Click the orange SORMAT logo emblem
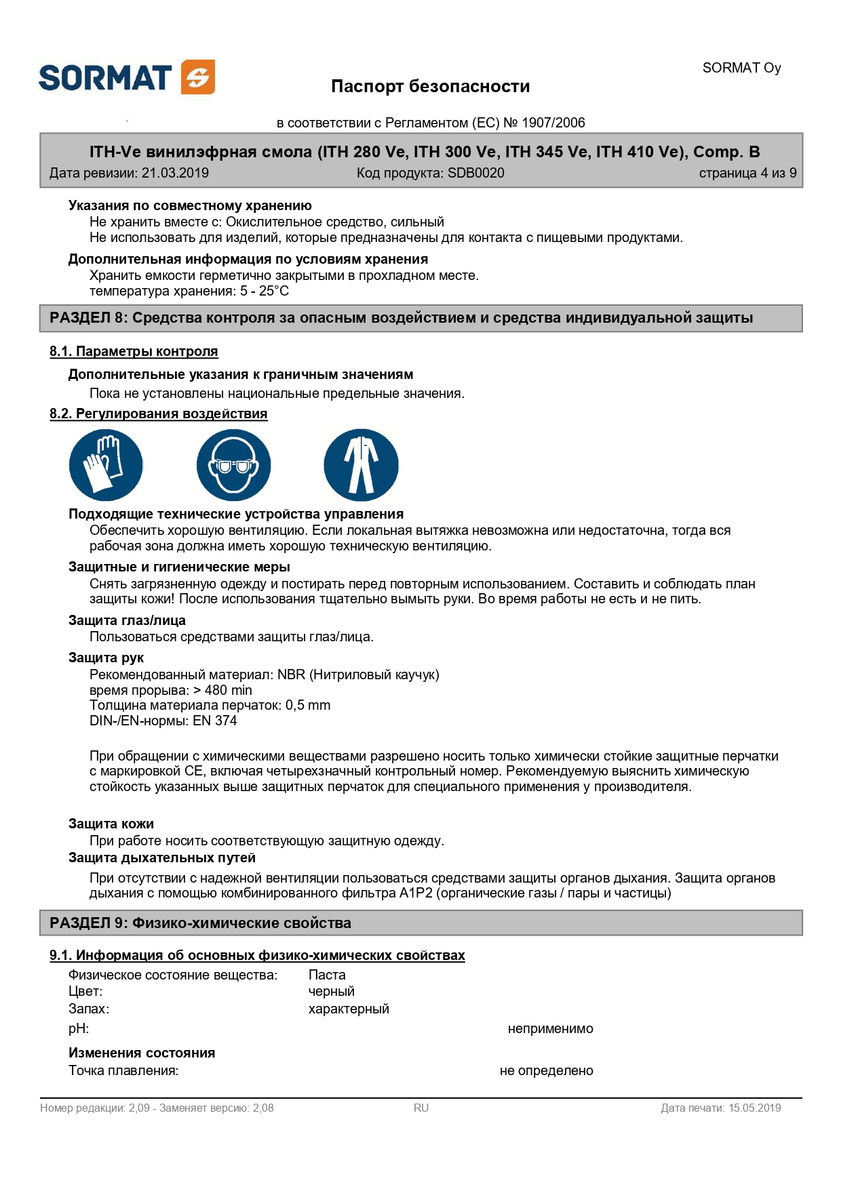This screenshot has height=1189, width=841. tap(198, 77)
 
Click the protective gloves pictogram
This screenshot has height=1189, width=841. tap(106, 465)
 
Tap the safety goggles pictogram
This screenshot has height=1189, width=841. tap(233, 465)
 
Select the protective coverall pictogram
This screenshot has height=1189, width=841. tap(361, 465)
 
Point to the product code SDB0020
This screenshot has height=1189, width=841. tap(475, 173)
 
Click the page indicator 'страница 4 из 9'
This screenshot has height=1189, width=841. tap(747, 173)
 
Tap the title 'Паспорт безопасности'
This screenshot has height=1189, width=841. tap(430, 86)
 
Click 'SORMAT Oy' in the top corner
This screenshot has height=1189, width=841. tap(741, 68)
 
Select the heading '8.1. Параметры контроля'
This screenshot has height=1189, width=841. tap(134, 351)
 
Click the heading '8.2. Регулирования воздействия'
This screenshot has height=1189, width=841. tap(158, 414)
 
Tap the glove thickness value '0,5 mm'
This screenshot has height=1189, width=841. tap(308, 705)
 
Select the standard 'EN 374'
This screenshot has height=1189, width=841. tap(215, 721)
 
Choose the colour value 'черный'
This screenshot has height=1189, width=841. tap(331, 991)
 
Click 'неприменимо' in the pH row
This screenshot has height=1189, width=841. tap(550, 1028)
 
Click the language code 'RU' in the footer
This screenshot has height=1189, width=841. tap(421, 1108)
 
